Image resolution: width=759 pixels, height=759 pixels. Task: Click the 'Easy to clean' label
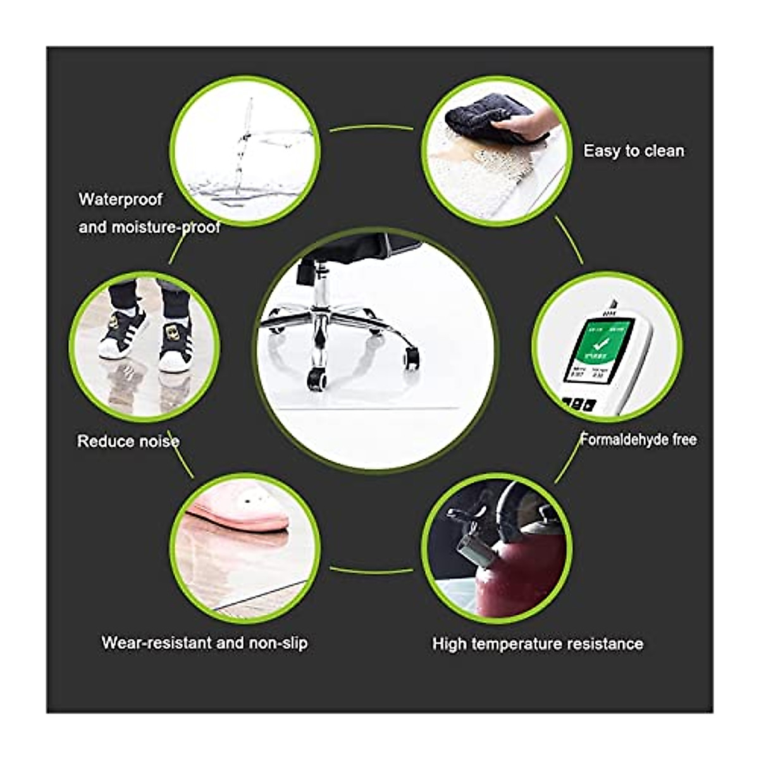[x=633, y=151]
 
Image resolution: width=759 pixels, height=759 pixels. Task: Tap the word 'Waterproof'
[x=120, y=200]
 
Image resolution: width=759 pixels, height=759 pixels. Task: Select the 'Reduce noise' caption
[x=128, y=441]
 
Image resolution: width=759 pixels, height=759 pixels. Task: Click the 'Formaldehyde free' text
[x=639, y=439]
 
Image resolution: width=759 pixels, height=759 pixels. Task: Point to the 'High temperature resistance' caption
[x=538, y=644]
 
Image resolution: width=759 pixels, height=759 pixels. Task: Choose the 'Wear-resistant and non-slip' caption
[x=204, y=643]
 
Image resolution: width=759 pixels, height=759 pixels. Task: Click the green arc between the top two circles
[x=371, y=128]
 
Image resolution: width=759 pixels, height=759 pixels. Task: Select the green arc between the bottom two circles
[x=371, y=571]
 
